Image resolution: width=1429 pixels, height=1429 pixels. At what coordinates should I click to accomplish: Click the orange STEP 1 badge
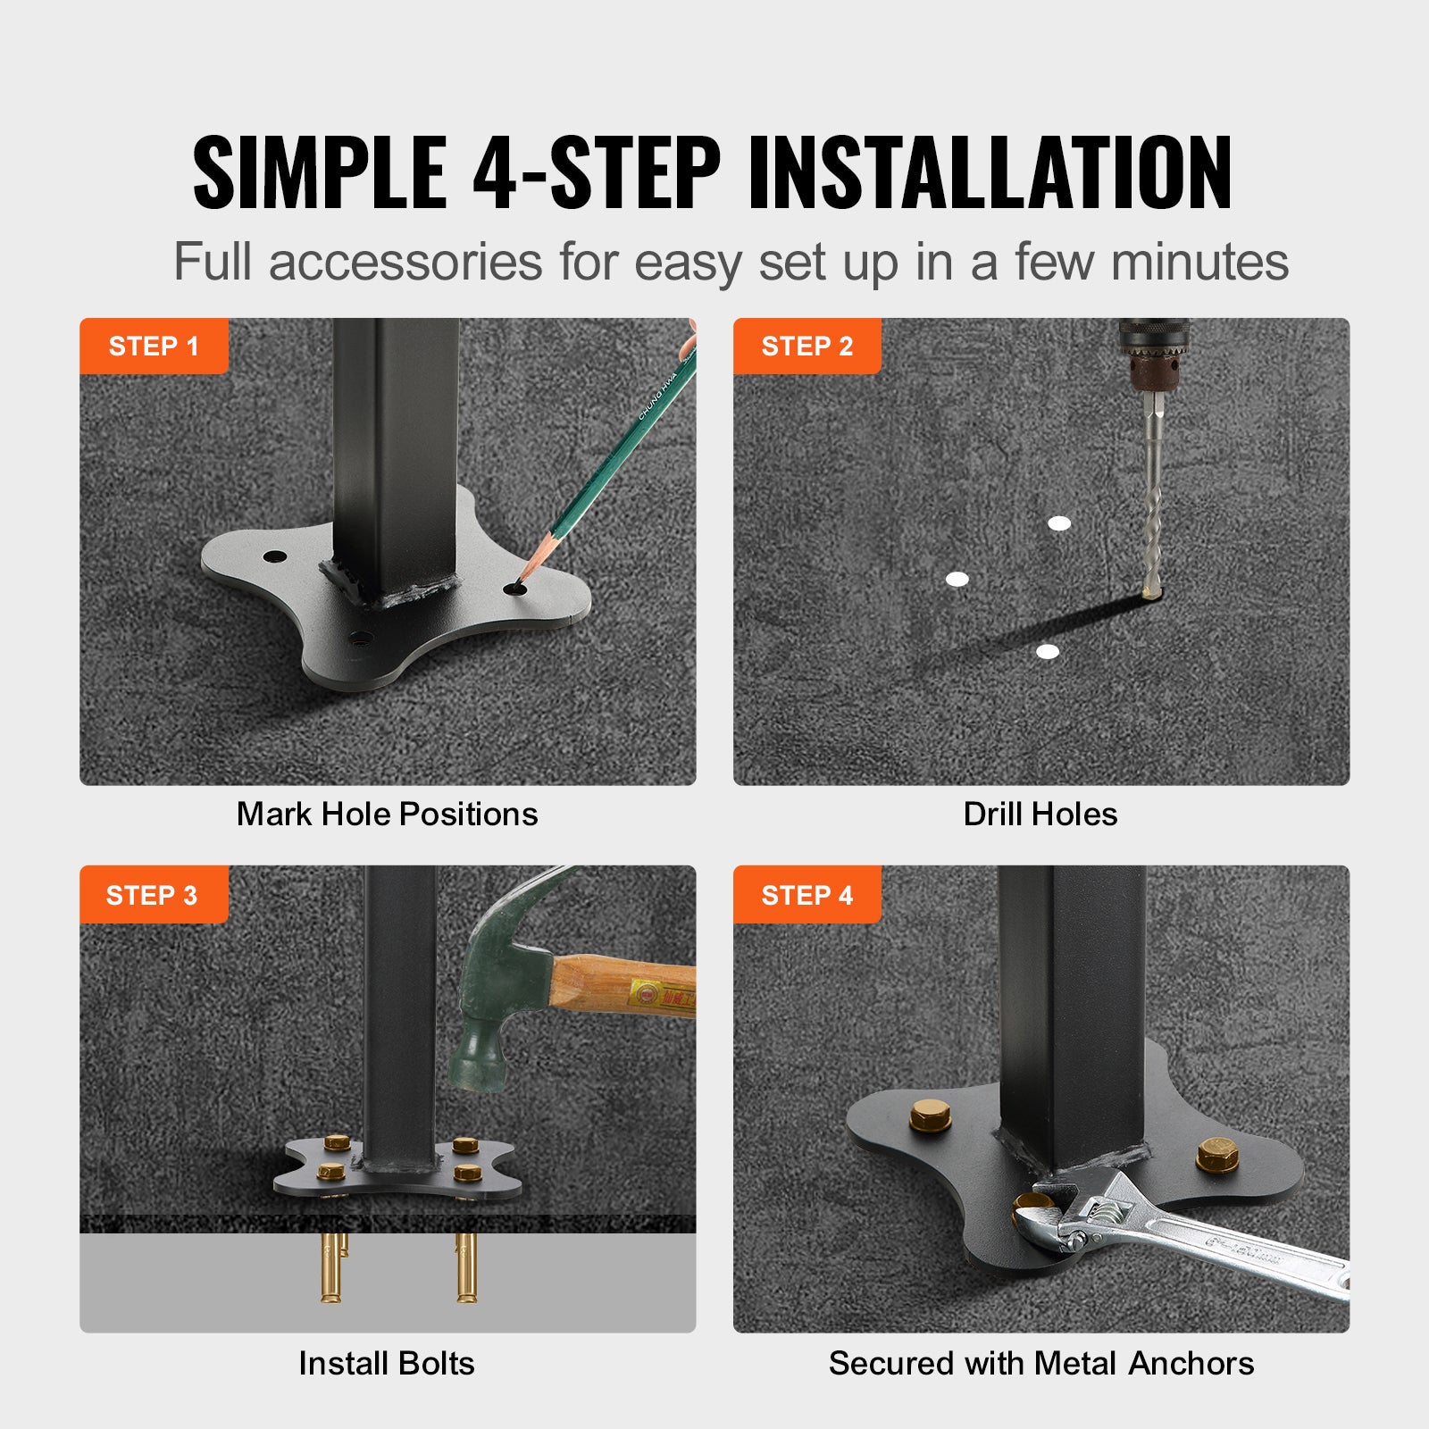click(x=154, y=346)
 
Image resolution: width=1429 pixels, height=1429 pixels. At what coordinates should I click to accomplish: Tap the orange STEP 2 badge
click(x=806, y=346)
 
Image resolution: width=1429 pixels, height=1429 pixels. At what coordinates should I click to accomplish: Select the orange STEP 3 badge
click(x=153, y=894)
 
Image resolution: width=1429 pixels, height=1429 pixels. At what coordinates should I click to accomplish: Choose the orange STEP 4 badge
click(x=806, y=894)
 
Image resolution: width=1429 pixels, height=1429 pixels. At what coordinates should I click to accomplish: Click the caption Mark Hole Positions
click(x=387, y=814)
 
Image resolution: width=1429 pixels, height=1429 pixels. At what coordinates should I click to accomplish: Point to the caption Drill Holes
click(x=1040, y=814)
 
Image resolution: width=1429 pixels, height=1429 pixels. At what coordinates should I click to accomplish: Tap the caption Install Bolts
click(x=387, y=1363)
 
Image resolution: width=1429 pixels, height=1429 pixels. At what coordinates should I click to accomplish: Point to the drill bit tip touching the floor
click(x=1150, y=591)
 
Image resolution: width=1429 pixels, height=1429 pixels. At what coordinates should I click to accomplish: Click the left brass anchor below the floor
click(x=331, y=1268)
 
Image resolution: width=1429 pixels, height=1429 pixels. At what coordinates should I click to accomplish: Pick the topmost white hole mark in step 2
click(x=1059, y=523)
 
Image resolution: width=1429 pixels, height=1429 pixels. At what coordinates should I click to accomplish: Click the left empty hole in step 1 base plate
click(x=274, y=556)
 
